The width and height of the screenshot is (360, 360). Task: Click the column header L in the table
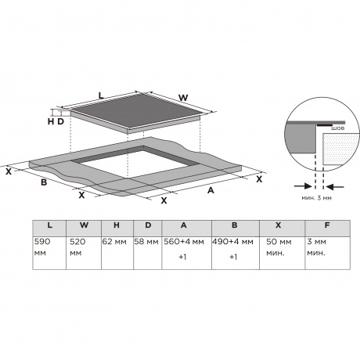(49, 229)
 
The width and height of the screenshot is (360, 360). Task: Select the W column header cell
(84, 229)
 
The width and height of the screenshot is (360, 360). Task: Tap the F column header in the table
(327, 229)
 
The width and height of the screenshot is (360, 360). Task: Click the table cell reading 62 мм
(117, 253)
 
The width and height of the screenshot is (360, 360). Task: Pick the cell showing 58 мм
(148, 253)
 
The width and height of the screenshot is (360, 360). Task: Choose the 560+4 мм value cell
(187, 253)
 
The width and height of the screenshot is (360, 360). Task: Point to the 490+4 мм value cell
(236, 253)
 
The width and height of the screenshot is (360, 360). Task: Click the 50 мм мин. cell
(283, 253)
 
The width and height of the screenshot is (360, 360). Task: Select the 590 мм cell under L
(49, 253)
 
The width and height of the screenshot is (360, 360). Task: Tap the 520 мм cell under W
(84, 253)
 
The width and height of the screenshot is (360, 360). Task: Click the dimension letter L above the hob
(101, 95)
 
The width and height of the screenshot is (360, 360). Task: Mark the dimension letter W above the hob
(183, 98)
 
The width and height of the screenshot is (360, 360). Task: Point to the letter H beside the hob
(51, 121)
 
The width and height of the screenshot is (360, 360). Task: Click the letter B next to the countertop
(44, 182)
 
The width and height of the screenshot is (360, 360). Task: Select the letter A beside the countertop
(211, 191)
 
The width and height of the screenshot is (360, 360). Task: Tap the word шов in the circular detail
(338, 128)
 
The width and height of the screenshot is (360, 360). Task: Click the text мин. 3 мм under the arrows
(317, 198)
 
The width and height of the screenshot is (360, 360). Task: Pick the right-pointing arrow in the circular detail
(303, 186)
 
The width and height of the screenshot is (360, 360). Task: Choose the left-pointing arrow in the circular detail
(335, 186)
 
